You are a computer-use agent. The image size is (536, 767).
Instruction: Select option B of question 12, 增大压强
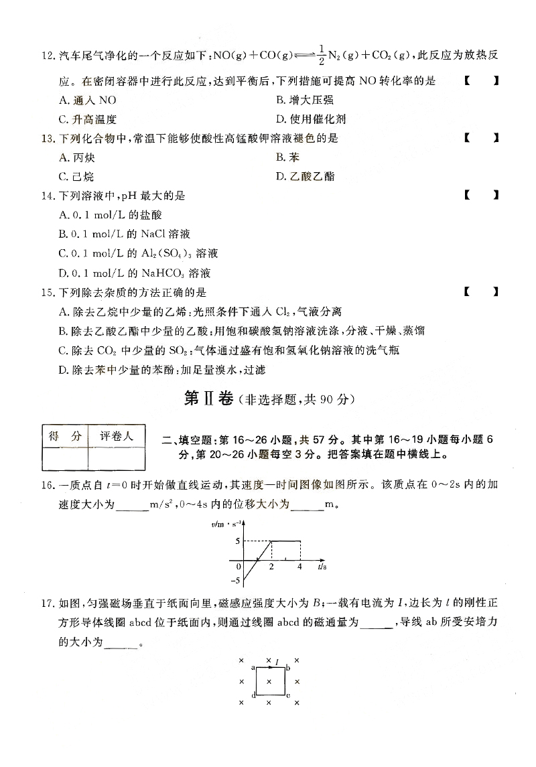[305, 100]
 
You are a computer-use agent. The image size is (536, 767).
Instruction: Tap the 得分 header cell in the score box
[65, 436]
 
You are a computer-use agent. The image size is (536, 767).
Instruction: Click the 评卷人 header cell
[117, 436]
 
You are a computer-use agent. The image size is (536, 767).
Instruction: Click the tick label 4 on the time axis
[299, 567]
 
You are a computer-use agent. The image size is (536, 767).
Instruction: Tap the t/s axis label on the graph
[322, 567]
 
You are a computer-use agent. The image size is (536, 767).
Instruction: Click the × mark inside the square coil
[269, 682]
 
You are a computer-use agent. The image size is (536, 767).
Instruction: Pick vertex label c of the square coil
[288, 695]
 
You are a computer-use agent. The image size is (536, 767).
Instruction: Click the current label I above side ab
[277, 660]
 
